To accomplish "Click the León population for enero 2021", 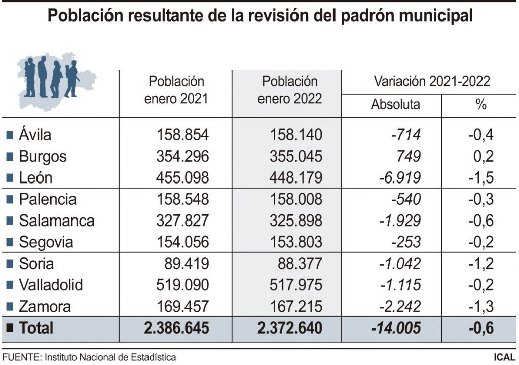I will [176, 178].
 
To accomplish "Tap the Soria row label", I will [36, 264].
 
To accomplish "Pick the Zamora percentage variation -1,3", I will [480, 307].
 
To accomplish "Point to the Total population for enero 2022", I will [289, 328].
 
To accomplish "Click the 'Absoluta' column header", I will [395, 105].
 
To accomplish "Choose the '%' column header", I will [480, 105].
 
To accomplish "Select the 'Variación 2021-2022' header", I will [431, 81].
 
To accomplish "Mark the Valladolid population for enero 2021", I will [176, 285].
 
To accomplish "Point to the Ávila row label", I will [35, 135].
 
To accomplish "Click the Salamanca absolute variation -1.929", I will [400, 221].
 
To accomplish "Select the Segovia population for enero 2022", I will [289, 242].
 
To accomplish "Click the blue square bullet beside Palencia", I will [9, 199].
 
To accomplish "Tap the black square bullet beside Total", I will [9, 328].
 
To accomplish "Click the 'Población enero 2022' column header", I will [289, 90].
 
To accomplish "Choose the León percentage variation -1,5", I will [480, 178].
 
